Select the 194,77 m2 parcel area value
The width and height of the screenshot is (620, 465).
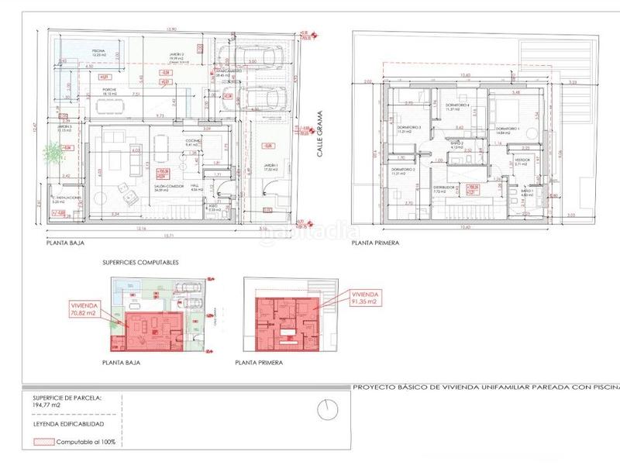coord(46,405)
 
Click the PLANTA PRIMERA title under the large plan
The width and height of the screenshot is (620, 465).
coord(376,243)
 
